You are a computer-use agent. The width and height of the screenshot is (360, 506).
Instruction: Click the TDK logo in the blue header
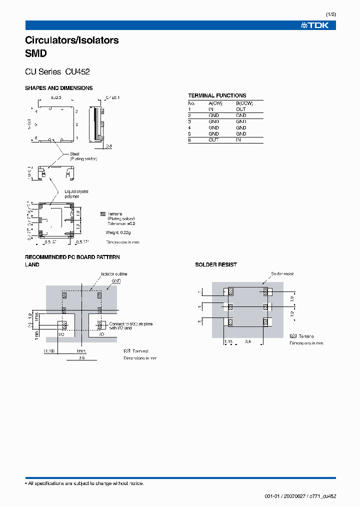(314, 25)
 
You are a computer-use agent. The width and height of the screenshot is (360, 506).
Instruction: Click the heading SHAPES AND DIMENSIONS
(58, 88)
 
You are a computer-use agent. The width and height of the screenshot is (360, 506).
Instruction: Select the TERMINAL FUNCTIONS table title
(217, 95)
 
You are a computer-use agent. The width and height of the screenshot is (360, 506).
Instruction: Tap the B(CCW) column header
(244, 103)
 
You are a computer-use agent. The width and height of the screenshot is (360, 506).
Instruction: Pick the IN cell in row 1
(211, 109)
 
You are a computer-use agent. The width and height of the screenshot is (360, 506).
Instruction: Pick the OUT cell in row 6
(213, 140)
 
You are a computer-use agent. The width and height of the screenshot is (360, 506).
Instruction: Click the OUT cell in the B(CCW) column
(241, 109)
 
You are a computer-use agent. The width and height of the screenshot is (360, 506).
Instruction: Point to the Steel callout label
(75, 154)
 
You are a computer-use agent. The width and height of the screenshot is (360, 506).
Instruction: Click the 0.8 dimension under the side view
(109, 146)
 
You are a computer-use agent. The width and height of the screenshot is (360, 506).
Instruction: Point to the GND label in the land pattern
(116, 281)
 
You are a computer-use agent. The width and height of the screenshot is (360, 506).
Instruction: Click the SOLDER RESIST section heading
(216, 264)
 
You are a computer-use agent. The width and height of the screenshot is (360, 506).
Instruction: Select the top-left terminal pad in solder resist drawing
(230, 291)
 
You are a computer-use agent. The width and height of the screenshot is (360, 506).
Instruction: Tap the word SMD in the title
(35, 52)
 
